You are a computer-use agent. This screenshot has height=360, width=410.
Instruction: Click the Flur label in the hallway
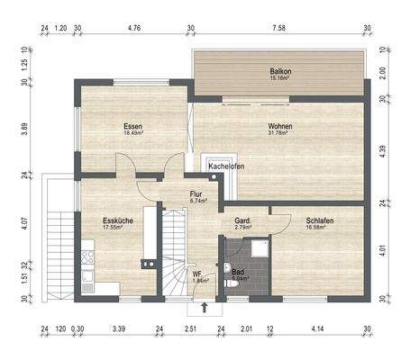(x=196, y=193)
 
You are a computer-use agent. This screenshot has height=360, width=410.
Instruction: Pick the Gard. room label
(x=242, y=220)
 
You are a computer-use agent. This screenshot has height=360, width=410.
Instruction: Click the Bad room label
(x=238, y=272)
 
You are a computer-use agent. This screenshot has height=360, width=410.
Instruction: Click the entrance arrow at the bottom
(x=205, y=308)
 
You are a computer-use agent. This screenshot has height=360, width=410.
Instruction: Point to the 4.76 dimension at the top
(x=134, y=28)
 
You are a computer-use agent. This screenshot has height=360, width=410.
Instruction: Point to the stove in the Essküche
(x=88, y=261)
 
